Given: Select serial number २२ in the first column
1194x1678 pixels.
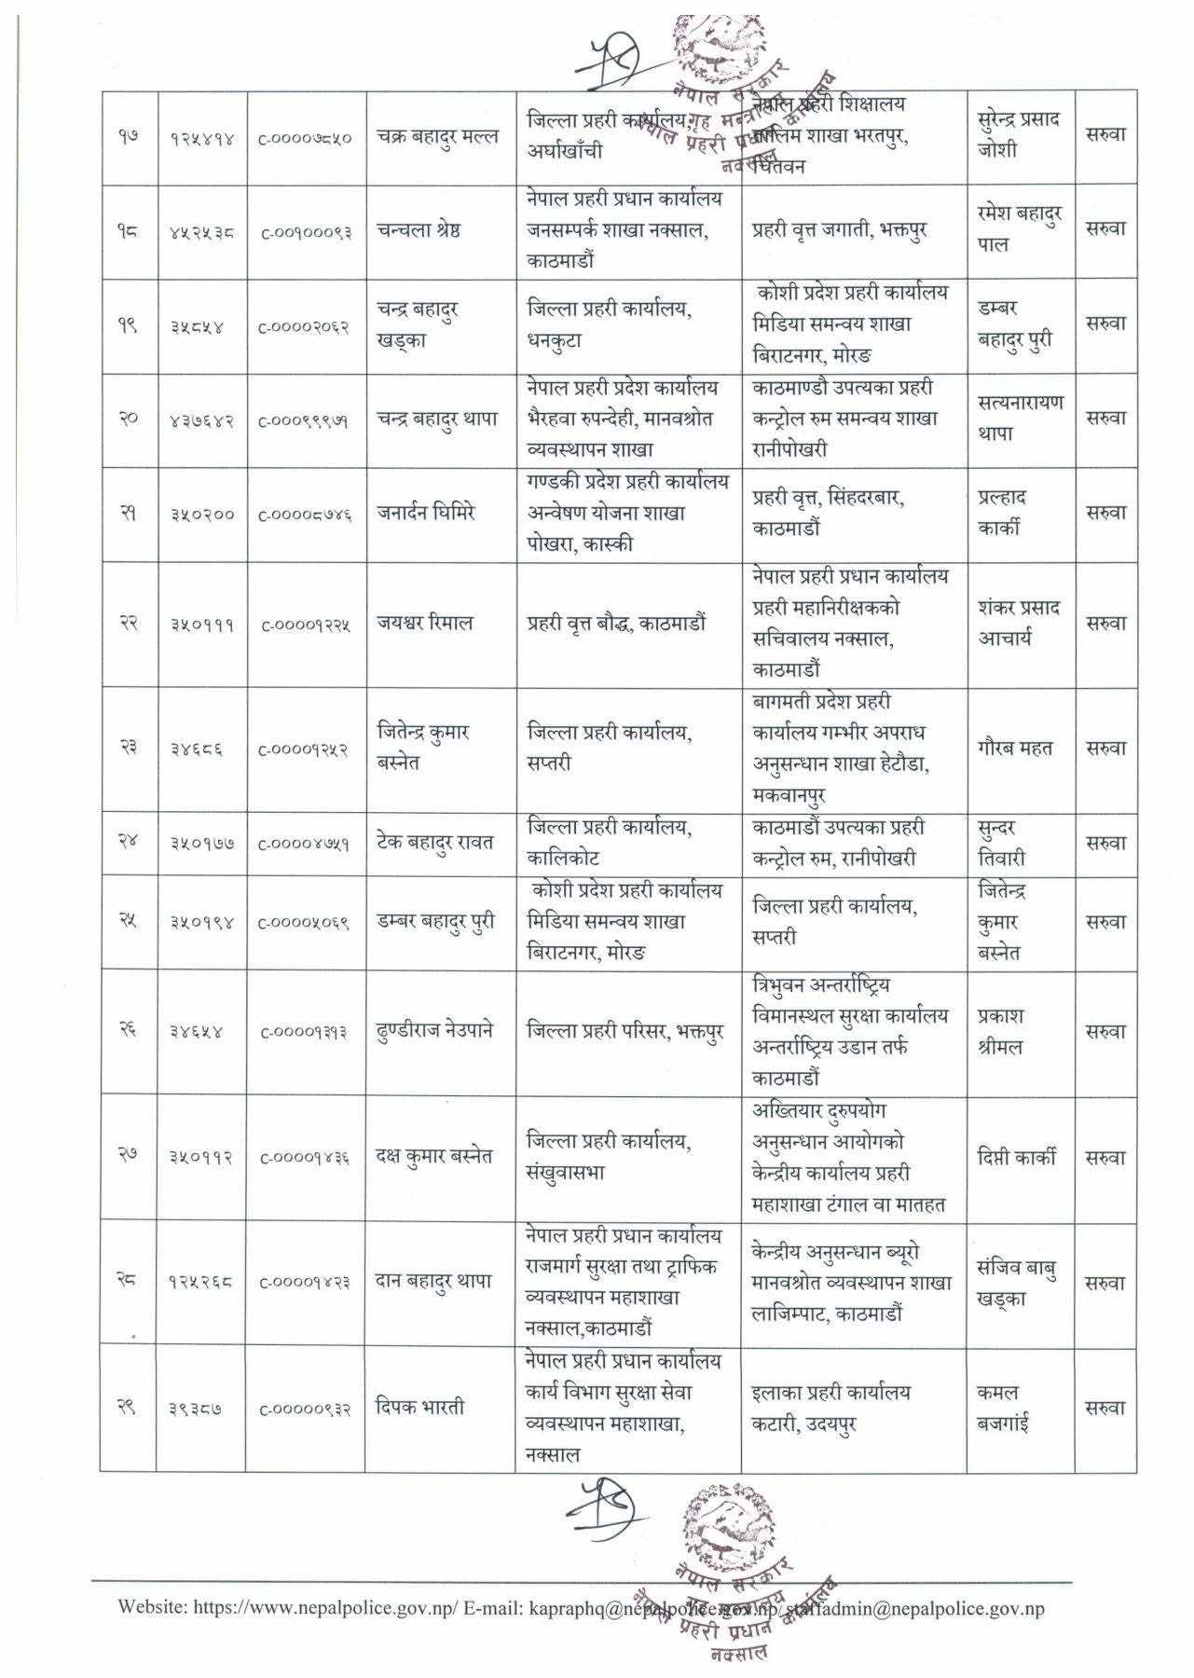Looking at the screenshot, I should click(x=129, y=624).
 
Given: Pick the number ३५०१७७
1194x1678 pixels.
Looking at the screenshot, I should click(x=201, y=844).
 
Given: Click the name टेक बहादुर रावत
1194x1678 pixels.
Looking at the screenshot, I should click(x=435, y=843).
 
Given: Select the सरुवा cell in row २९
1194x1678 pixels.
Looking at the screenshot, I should click(x=1105, y=1408).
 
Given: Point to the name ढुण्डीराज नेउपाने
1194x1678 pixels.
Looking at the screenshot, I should click(x=435, y=1031).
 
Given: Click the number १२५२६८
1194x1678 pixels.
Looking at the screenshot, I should click(x=201, y=1283).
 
